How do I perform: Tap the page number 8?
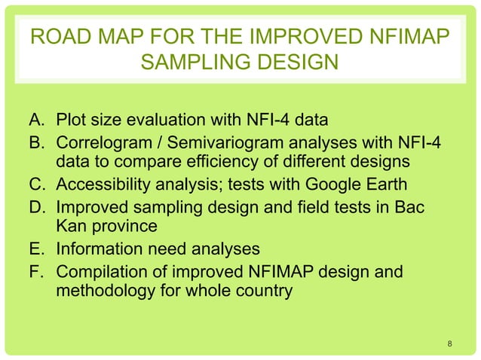(449, 345)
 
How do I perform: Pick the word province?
(132, 225)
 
